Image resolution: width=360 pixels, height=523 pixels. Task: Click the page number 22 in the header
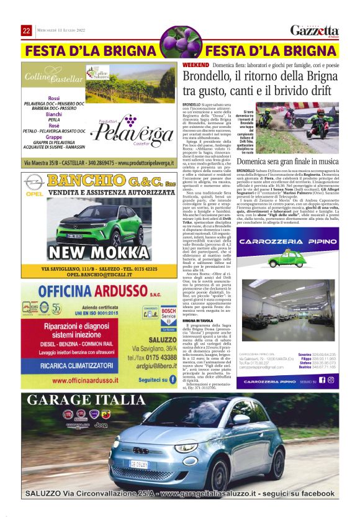click(27, 31)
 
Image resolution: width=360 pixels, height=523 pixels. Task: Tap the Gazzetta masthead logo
click(315, 30)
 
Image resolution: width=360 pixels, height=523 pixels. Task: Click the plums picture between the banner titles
click(180, 44)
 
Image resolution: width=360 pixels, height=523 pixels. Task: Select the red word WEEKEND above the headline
click(196, 65)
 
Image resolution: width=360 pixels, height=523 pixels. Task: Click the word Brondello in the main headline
click(209, 77)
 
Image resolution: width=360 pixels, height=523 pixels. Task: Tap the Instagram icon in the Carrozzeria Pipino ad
click(330, 380)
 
